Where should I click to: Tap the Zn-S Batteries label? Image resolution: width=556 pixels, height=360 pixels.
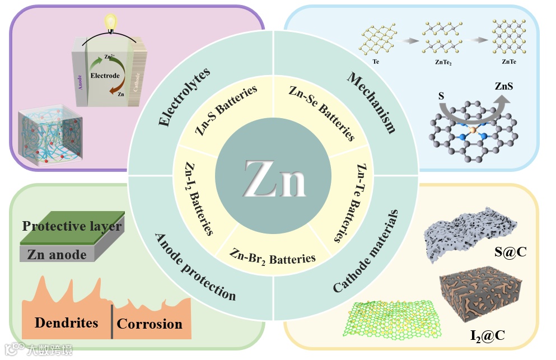[226, 110]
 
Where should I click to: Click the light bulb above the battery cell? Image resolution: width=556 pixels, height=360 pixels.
[111, 22]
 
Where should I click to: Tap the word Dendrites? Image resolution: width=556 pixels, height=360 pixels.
[66, 322]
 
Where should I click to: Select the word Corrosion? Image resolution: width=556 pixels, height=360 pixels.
[149, 324]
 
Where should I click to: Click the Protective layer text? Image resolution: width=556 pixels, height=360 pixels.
[72, 226]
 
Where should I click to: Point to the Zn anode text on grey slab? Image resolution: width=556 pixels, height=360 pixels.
[57, 255]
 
